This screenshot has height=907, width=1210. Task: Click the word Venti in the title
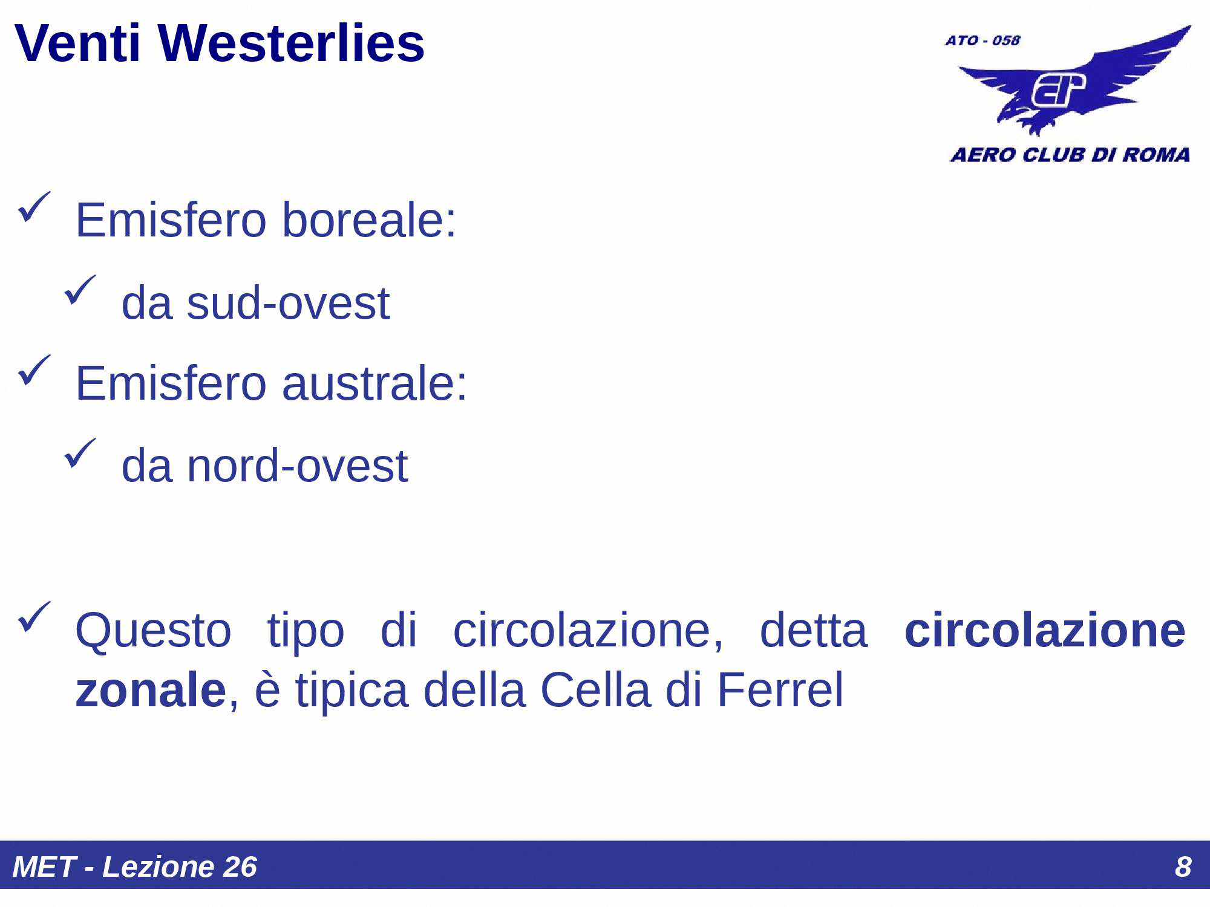[x=77, y=44]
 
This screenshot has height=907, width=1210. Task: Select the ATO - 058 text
[x=983, y=41]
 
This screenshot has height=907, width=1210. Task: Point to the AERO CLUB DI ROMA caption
[x=1070, y=155]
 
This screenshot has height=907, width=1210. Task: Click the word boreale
[x=369, y=220]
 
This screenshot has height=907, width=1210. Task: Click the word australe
[x=374, y=383]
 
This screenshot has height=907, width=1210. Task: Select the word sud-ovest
[x=288, y=303]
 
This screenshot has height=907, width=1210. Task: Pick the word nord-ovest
[x=297, y=466]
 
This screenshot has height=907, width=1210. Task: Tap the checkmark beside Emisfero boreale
[x=34, y=207]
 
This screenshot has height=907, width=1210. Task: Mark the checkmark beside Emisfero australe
[x=34, y=370]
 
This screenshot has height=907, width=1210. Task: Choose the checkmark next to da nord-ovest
[x=80, y=453]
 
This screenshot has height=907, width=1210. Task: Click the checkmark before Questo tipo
[x=34, y=617]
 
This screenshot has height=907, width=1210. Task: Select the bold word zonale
[x=151, y=690]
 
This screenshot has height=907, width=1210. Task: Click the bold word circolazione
[x=1044, y=630]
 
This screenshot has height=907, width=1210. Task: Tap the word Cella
[x=595, y=690]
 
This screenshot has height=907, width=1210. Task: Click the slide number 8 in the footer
[x=1183, y=866]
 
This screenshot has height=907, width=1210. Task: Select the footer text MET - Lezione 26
[x=134, y=866]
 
